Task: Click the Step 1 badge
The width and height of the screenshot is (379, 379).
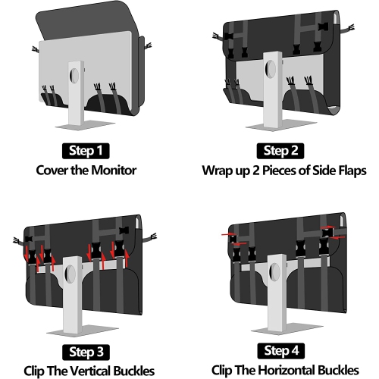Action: click(x=86, y=151)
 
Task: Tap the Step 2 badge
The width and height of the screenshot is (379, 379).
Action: click(x=280, y=151)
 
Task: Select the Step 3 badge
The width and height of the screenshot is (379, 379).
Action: click(x=86, y=352)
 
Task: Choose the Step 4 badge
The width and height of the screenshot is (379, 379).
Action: click(x=281, y=351)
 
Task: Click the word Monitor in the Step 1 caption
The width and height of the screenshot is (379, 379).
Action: click(x=114, y=170)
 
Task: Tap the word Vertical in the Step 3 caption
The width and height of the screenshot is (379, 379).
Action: click(x=90, y=371)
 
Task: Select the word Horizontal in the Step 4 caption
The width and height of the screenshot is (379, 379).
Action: click(x=287, y=370)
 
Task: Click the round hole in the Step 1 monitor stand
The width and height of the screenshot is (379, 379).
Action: click(x=74, y=75)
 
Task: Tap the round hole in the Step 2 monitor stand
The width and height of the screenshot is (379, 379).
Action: click(x=271, y=69)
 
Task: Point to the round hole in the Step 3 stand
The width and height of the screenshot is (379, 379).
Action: click(x=70, y=274)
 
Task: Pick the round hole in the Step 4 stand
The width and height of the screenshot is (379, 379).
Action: click(x=274, y=271)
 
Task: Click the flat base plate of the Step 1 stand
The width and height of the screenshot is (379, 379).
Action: click(x=85, y=125)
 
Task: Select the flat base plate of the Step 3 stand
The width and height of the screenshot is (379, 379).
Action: click(x=83, y=330)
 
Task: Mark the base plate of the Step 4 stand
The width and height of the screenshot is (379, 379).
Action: click(x=287, y=329)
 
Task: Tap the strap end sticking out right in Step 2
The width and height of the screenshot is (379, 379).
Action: click(x=347, y=28)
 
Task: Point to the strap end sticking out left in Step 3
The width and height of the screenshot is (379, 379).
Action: click(x=19, y=241)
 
